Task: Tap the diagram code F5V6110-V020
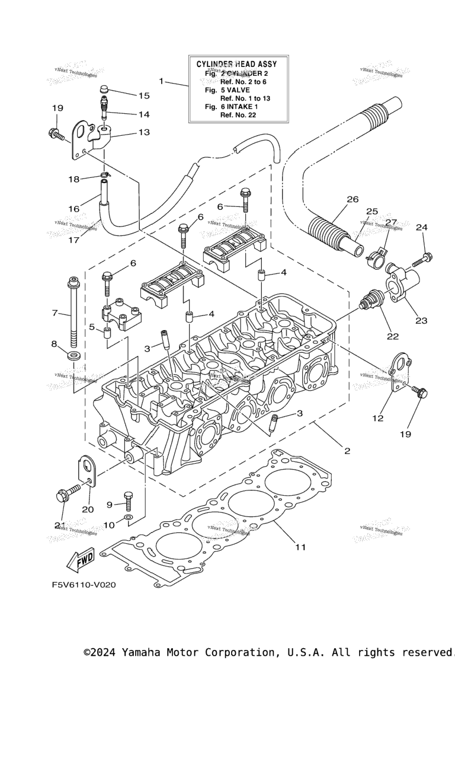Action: click(x=83, y=585)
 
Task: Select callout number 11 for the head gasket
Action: click(x=300, y=547)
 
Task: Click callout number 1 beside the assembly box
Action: click(x=161, y=81)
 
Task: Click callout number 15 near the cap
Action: click(x=144, y=95)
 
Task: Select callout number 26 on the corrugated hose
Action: click(x=353, y=199)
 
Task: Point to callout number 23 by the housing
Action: click(x=421, y=320)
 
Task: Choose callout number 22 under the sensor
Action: click(x=393, y=336)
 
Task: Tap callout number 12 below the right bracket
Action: click(x=378, y=418)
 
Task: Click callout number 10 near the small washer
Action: click(x=109, y=525)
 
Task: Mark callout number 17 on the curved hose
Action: click(x=75, y=241)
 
